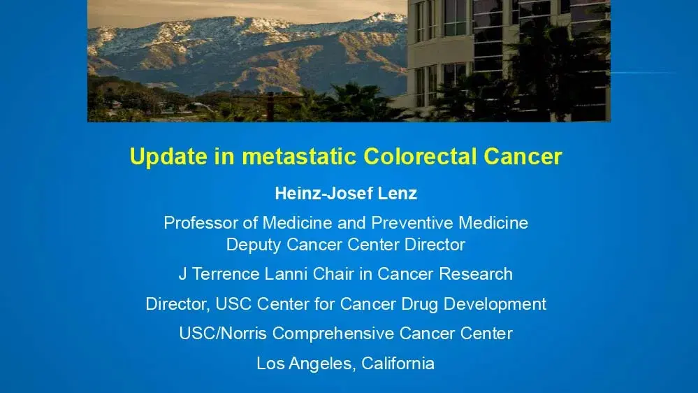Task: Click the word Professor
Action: pos(198,223)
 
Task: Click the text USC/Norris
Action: pos(223,334)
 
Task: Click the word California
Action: pos(398,364)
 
